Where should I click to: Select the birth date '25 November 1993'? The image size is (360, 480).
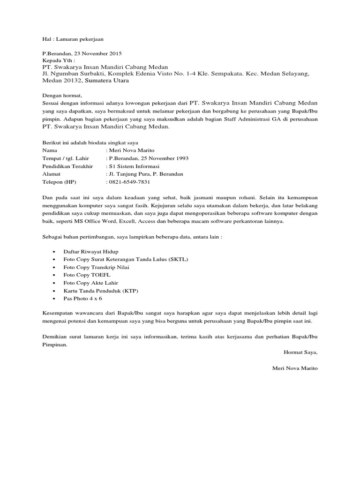[x=162, y=158]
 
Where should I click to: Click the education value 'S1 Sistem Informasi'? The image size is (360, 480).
[x=135, y=166]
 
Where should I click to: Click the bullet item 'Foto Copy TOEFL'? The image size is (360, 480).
[x=82, y=275]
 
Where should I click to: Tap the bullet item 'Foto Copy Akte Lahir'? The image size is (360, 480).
[x=90, y=283]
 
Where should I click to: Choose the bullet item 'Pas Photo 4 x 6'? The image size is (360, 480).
[x=82, y=298]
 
